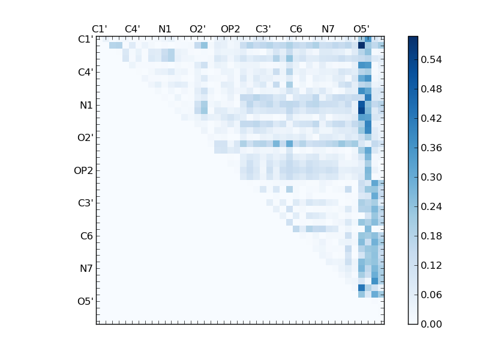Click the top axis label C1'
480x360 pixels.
click(100, 29)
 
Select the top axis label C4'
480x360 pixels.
click(132, 29)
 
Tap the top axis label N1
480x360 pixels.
click(165, 29)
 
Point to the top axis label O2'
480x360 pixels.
click(197, 29)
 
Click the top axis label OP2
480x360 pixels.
click(230, 29)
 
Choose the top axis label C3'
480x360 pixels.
click(263, 29)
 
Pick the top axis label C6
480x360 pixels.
click(296, 29)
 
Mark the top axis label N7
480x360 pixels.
click(328, 29)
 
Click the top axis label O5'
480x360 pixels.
click(361, 29)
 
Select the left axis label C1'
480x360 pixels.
click(85, 40)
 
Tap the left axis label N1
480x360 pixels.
click(86, 105)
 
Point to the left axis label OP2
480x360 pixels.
click(83, 170)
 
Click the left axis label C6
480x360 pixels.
click(86, 236)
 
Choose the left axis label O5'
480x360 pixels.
click(85, 301)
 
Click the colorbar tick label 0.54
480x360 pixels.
click(431, 59)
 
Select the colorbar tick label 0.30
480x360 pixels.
click(431, 177)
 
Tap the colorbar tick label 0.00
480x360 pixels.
click(431, 324)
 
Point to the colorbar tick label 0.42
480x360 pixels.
click(431, 118)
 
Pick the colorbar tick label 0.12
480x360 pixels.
click(431, 265)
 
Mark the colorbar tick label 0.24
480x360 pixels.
click(431, 206)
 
